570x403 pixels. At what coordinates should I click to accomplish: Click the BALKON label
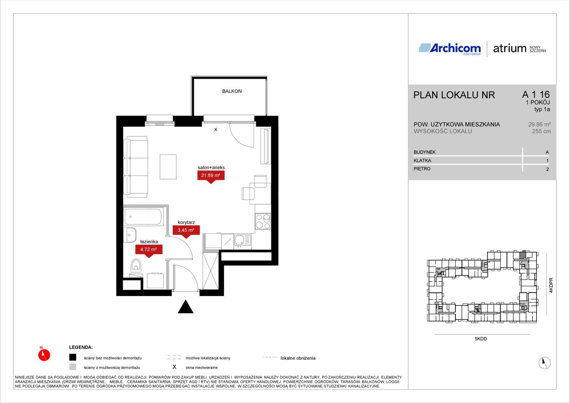[x=232, y=91]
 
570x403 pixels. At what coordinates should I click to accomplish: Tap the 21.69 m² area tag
[x=211, y=176]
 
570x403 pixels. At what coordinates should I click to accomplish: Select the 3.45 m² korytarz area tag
[x=186, y=232]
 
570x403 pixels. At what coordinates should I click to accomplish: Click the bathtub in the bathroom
[x=144, y=217]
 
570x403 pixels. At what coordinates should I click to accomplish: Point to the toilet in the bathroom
[x=136, y=266]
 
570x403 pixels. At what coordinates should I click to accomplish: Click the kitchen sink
[x=242, y=241]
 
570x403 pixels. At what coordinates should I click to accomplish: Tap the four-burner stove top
[x=263, y=221]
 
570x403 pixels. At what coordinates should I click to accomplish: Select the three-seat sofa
[x=136, y=167]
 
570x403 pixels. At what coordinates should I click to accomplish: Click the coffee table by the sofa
[x=168, y=167]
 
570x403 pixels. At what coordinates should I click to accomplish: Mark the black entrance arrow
[x=185, y=306]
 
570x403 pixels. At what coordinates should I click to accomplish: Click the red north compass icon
[x=44, y=354]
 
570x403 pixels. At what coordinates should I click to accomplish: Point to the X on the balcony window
[x=216, y=129]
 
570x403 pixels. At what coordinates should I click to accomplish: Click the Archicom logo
[x=450, y=49]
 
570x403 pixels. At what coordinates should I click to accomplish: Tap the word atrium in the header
[x=510, y=49]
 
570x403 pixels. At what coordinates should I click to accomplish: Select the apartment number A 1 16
[x=536, y=94]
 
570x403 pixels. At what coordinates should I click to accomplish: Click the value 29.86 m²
[x=539, y=125]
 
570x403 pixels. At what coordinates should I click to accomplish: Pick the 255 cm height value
[x=541, y=131]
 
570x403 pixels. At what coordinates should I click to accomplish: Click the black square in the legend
[x=73, y=357]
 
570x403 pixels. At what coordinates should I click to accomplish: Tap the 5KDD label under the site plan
[x=481, y=338]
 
